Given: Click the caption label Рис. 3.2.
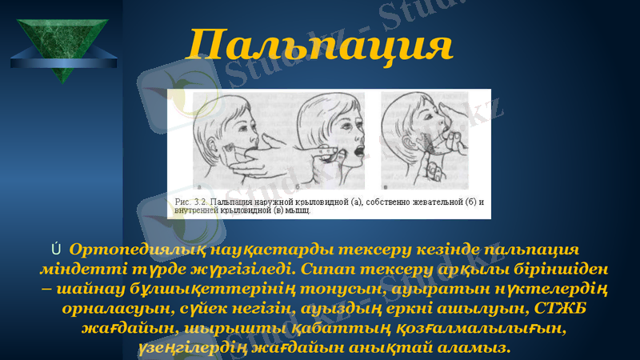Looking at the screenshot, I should [x=190, y=202].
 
